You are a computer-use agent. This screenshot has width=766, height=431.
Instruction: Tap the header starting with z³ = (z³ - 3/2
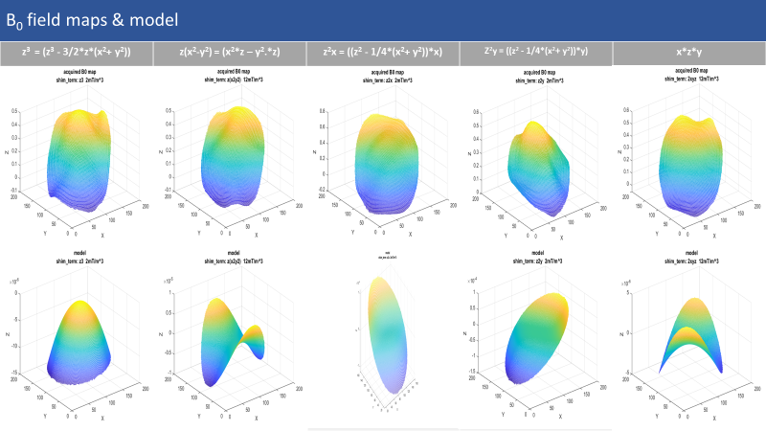pyautogui.click(x=76, y=52)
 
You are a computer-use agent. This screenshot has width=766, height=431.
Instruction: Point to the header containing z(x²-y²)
pyautogui.click(x=229, y=52)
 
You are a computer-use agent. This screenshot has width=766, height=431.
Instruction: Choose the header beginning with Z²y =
pyautogui.click(x=535, y=52)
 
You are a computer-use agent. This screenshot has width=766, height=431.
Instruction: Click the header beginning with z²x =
pyautogui.click(x=382, y=52)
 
